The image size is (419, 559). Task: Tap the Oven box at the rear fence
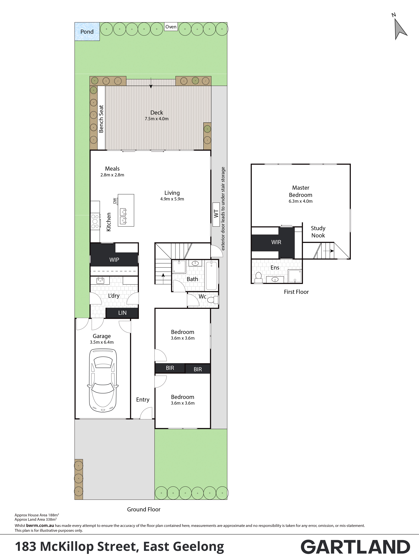171,27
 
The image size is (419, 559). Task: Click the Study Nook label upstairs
318,232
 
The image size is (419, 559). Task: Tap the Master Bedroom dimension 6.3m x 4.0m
301,201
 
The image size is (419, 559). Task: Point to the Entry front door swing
146,413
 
